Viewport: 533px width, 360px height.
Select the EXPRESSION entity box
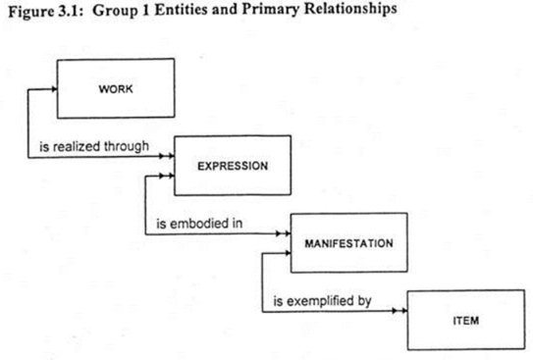coord(233,165)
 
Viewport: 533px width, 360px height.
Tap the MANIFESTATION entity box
coord(348,241)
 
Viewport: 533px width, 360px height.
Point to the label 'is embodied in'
coord(200,224)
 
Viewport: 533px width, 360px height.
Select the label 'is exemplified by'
coord(322,300)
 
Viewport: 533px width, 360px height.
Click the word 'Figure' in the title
coord(23,18)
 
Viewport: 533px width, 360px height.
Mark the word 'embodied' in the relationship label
coord(199,224)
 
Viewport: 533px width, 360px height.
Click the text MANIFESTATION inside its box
coord(348,241)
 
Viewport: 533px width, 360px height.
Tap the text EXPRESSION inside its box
coord(233,165)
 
